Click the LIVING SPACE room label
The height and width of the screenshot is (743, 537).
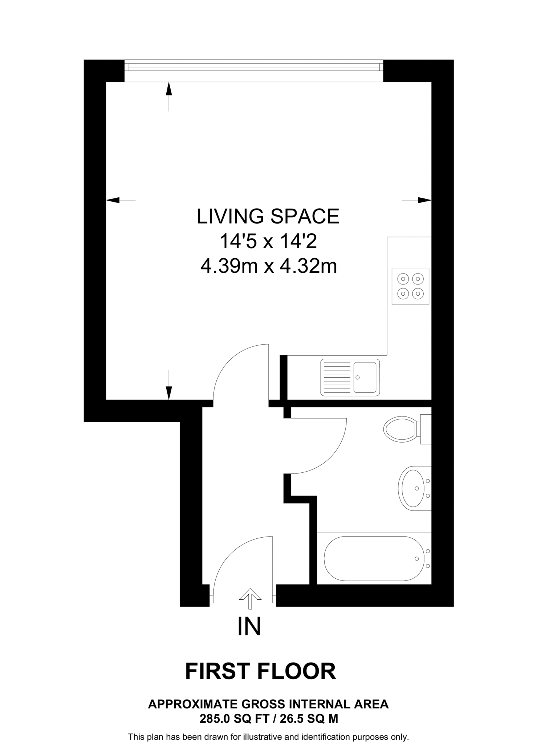[x=268, y=216]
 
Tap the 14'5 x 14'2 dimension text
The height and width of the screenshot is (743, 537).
[x=268, y=241]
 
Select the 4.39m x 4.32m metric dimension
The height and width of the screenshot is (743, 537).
[x=269, y=266]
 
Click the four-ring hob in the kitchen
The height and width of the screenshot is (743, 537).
[x=410, y=286]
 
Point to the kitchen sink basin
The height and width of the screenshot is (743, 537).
[x=365, y=377]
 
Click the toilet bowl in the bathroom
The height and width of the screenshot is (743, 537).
[x=400, y=429]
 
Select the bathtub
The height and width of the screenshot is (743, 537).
[x=374, y=558]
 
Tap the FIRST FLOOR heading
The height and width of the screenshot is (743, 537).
[x=260, y=672]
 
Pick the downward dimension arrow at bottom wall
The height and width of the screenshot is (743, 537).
[x=168, y=392]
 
